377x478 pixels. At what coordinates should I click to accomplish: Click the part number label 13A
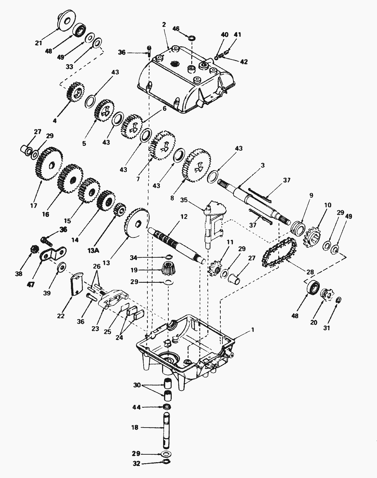[94, 251]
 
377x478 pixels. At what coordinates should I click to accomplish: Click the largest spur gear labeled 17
[48, 163]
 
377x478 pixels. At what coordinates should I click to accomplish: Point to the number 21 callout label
[39, 43]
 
